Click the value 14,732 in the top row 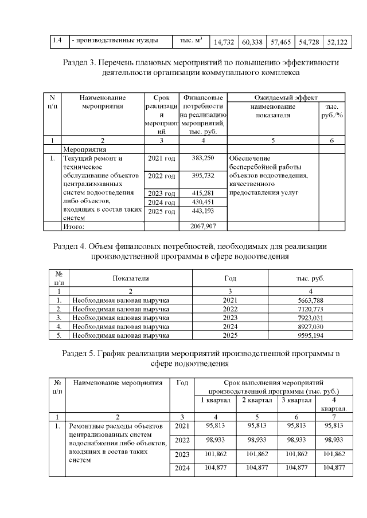224,42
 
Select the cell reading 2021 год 162,157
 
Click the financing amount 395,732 202,175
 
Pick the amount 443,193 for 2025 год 202,211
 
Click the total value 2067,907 202,226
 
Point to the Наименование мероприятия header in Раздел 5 118,382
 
